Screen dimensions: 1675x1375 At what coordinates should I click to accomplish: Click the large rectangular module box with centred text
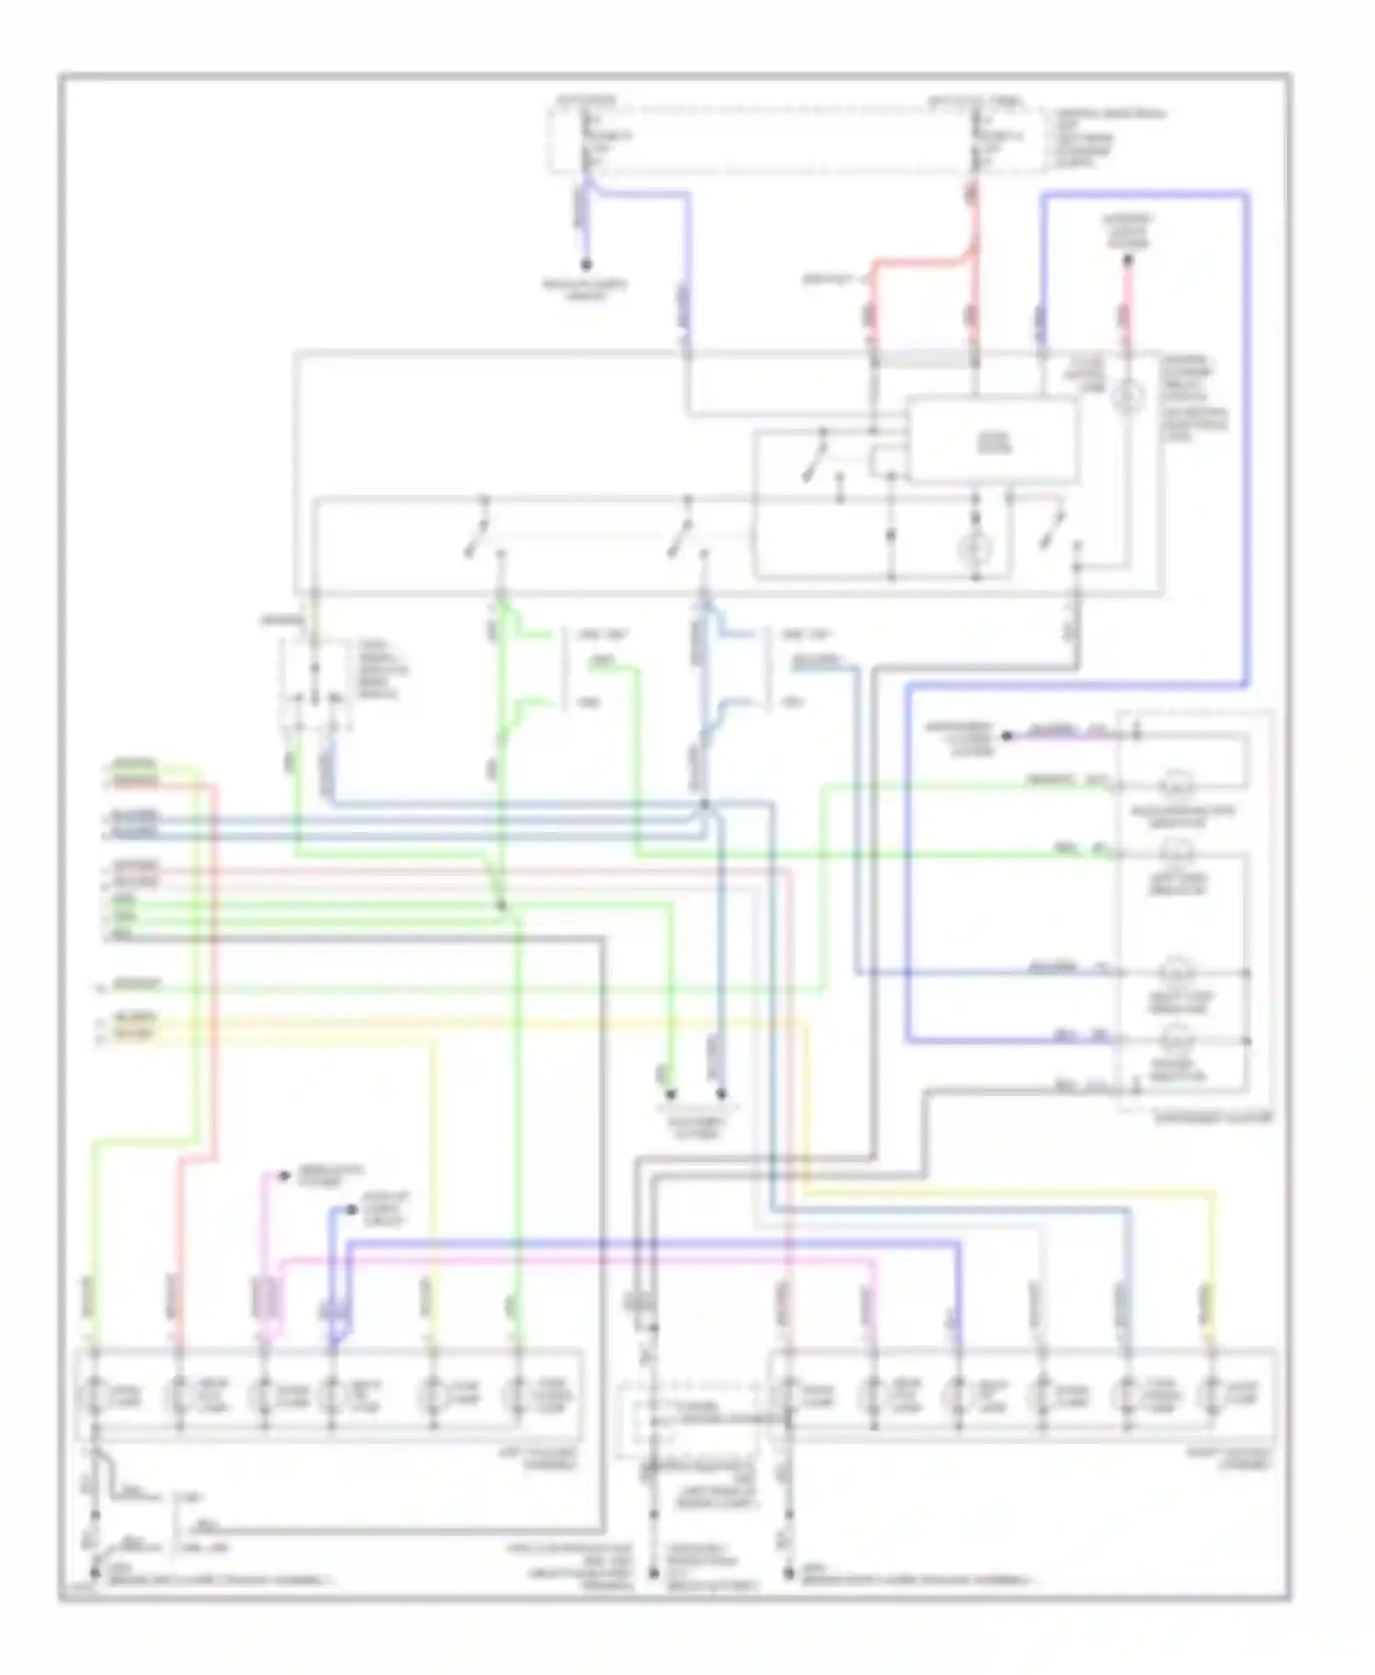pyautogui.click(x=993, y=441)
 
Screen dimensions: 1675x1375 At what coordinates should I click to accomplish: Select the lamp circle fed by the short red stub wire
pyautogui.click(x=1127, y=396)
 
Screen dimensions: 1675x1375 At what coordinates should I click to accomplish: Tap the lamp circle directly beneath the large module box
pyautogui.click(x=975, y=549)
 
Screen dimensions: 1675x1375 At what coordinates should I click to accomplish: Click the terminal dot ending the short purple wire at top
pyautogui.click(x=586, y=265)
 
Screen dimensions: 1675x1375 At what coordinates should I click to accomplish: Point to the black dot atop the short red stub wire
pyautogui.click(x=1128, y=260)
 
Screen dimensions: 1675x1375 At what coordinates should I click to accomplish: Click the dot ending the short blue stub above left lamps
pyautogui.click(x=353, y=1210)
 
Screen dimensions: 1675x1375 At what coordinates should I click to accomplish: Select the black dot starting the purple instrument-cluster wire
pyautogui.click(x=1006, y=735)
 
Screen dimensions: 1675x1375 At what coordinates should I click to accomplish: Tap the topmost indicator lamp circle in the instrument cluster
pyautogui.click(x=1175, y=784)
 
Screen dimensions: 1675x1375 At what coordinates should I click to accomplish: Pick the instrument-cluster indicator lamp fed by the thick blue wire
pyautogui.click(x=1175, y=1039)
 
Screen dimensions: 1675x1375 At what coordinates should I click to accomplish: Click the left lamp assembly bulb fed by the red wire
pyautogui.click(x=179, y=1396)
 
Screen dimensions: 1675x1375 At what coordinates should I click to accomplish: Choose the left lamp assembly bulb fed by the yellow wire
pyautogui.click(x=433, y=1396)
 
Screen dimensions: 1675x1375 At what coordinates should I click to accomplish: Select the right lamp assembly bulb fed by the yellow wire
pyautogui.click(x=1212, y=1396)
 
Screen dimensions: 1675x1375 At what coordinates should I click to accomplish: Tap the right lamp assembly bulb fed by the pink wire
pyautogui.click(x=874, y=1396)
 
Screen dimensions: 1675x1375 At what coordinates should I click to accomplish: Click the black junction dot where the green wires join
pyautogui.click(x=501, y=906)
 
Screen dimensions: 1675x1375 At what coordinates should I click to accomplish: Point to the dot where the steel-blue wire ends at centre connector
pyautogui.click(x=721, y=1094)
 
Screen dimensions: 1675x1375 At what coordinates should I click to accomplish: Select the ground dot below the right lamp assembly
pyautogui.click(x=788, y=1572)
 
